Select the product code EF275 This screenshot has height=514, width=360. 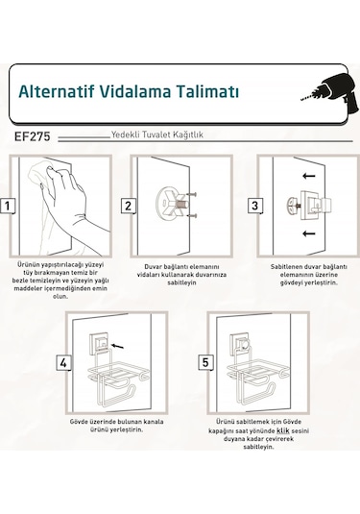34,136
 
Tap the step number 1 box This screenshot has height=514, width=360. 8,206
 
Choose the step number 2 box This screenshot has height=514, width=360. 127,206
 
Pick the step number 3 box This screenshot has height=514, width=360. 255,206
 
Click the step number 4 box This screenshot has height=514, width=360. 63,363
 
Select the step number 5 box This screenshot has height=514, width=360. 204,363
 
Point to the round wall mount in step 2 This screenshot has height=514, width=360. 174,205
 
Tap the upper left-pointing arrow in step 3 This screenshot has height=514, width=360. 307,176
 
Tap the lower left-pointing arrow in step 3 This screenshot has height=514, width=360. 307,233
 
